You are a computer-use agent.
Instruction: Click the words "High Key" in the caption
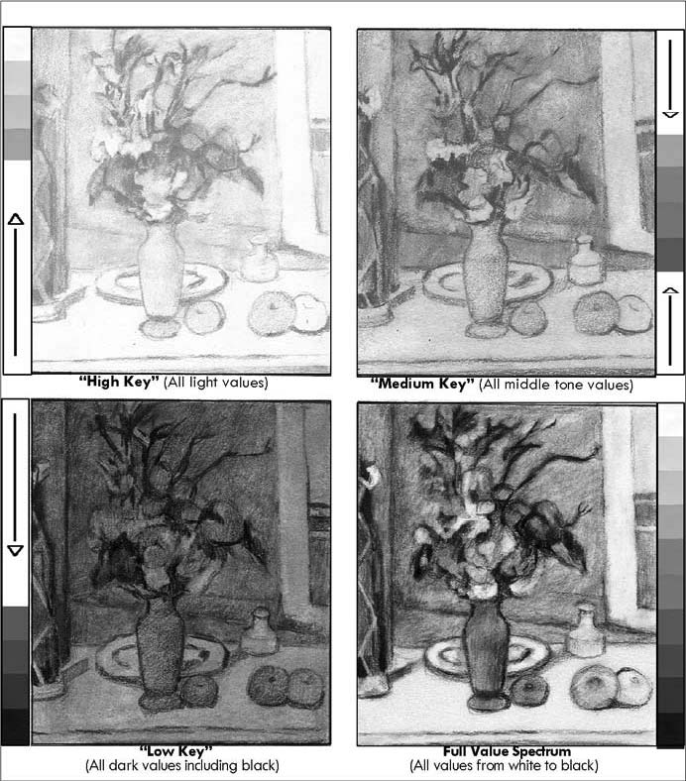[119, 382]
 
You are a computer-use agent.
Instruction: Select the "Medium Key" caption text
[422, 384]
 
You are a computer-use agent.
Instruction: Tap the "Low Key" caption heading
[175, 750]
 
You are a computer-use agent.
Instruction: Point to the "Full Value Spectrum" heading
[508, 751]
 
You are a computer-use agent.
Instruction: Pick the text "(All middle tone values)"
[556, 385]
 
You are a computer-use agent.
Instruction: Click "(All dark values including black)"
[181, 765]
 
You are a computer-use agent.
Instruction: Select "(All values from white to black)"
[504, 765]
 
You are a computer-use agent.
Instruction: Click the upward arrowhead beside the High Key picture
[16, 219]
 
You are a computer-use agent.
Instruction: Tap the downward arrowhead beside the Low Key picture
[16, 550]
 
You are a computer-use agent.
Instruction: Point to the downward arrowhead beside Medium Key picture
[670, 115]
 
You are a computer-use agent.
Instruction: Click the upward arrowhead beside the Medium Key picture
[671, 290]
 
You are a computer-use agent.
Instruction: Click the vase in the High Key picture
[161, 279]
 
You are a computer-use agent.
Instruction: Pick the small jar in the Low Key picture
[258, 630]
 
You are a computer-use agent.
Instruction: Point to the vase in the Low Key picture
[161, 653]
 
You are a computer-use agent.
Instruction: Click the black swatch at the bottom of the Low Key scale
[16, 726]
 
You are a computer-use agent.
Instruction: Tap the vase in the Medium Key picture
[486, 279]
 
